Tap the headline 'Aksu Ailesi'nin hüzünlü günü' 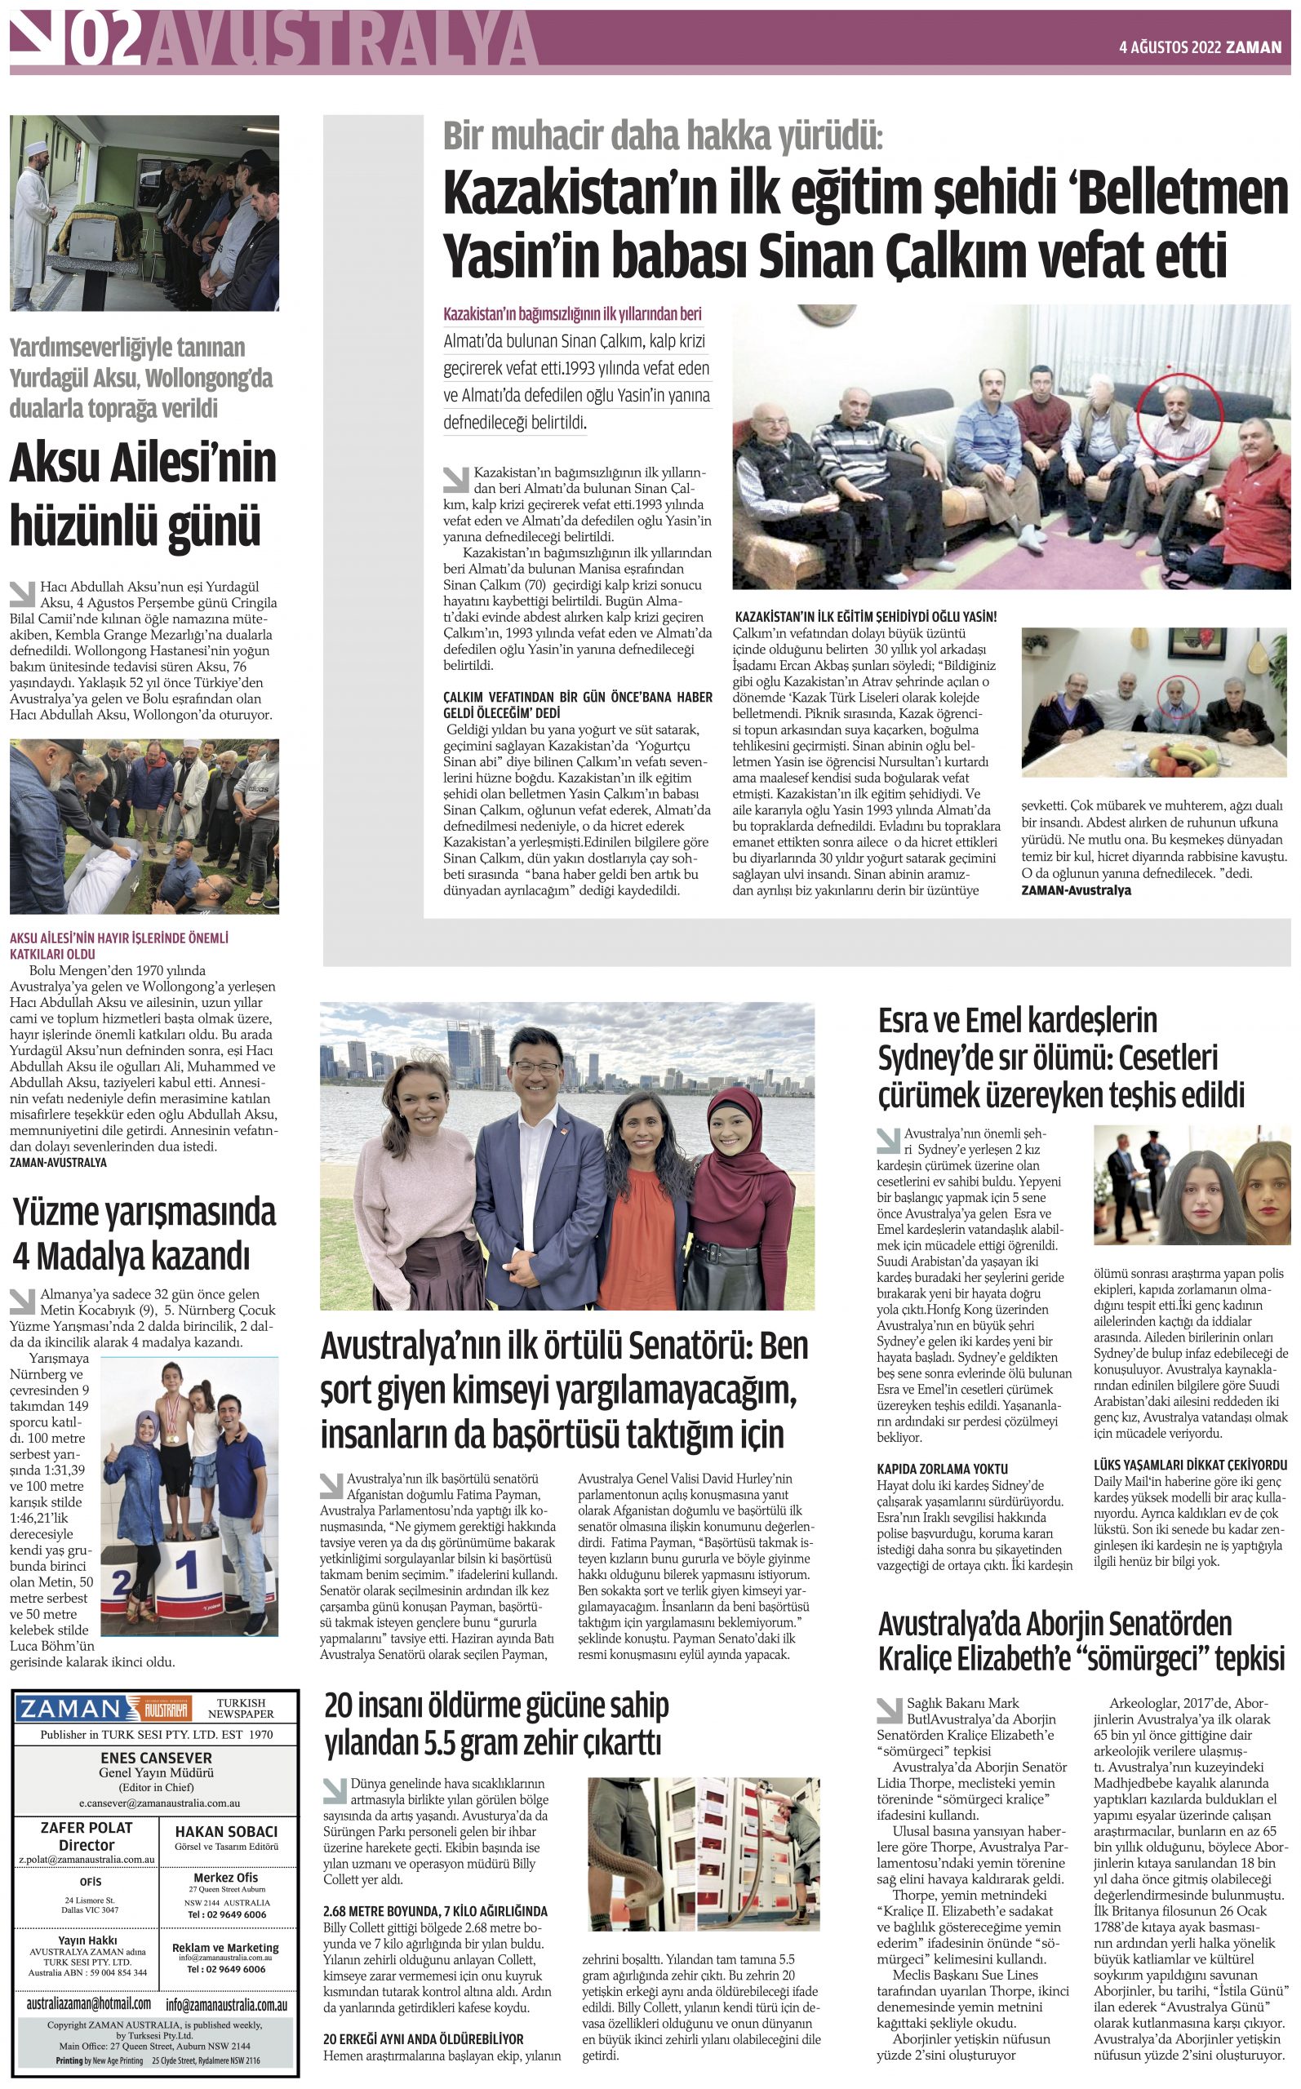point(143,495)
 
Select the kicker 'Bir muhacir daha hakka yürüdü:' point(663,136)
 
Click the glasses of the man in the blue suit point(537,1067)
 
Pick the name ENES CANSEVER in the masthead point(156,1758)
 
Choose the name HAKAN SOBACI point(226,1832)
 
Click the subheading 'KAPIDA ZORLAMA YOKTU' point(942,1468)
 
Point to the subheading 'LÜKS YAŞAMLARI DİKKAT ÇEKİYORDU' point(1190,1464)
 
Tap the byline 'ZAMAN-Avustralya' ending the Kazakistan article point(1076,890)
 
